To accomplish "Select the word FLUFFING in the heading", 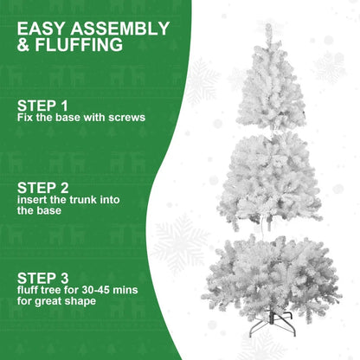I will point(80,45).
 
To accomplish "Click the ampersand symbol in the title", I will point(24,45).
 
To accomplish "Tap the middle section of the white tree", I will point(270,177).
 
